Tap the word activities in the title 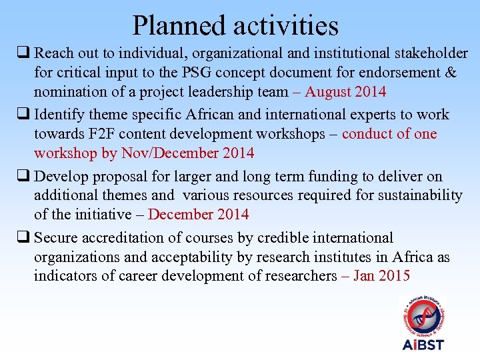(286, 25)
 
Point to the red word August (327, 91)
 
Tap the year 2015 (394, 276)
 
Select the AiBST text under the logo (423, 344)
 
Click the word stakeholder (429, 53)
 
